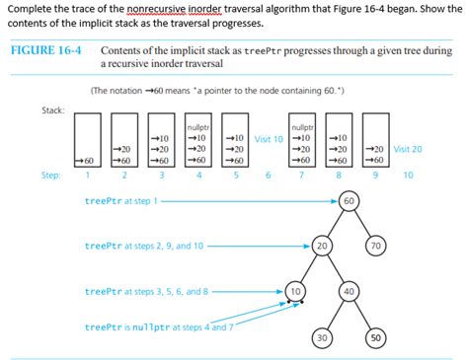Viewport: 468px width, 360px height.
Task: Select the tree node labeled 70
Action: pyautogui.click(x=374, y=245)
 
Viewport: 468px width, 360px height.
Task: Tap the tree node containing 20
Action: pyautogui.click(x=322, y=245)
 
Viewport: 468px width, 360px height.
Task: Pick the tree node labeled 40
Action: pyautogui.click(x=348, y=291)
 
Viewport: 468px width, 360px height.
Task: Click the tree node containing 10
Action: pyautogui.click(x=296, y=291)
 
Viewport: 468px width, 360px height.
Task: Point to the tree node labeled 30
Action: pyautogui.click(x=322, y=337)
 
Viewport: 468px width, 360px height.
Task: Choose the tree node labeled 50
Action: pyautogui.click(x=375, y=337)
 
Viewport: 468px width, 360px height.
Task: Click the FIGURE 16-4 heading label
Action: pyautogui.click(x=46, y=50)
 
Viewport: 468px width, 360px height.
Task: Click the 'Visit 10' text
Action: pyautogui.click(x=269, y=138)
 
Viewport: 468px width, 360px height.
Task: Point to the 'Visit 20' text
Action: pyautogui.click(x=408, y=149)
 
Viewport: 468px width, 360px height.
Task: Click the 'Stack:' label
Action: pyautogui.click(x=53, y=108)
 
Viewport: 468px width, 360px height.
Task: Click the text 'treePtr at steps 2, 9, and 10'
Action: pyautogui.click(x=144, y=246)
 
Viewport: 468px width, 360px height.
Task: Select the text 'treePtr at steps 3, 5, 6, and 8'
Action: pyautogui.click(x=147, y=291)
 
